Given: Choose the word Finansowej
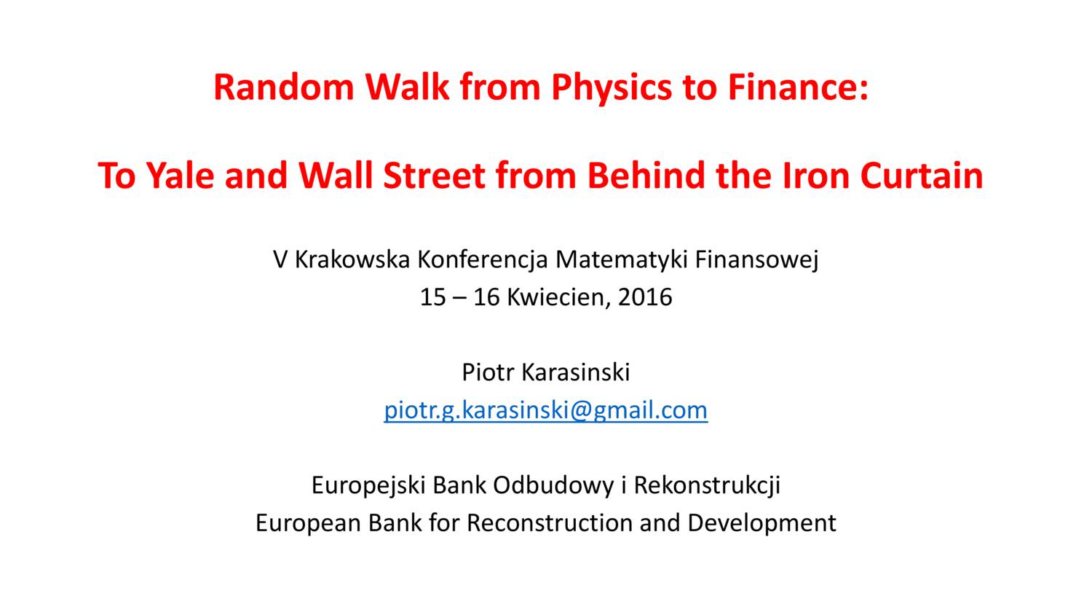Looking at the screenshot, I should pyautogui.click(x=756, y=259).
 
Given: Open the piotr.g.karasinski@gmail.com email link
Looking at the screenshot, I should pyautogui.click(x=546, y=410).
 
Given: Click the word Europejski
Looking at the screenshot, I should pyautogui.click(x=368, y=485).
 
